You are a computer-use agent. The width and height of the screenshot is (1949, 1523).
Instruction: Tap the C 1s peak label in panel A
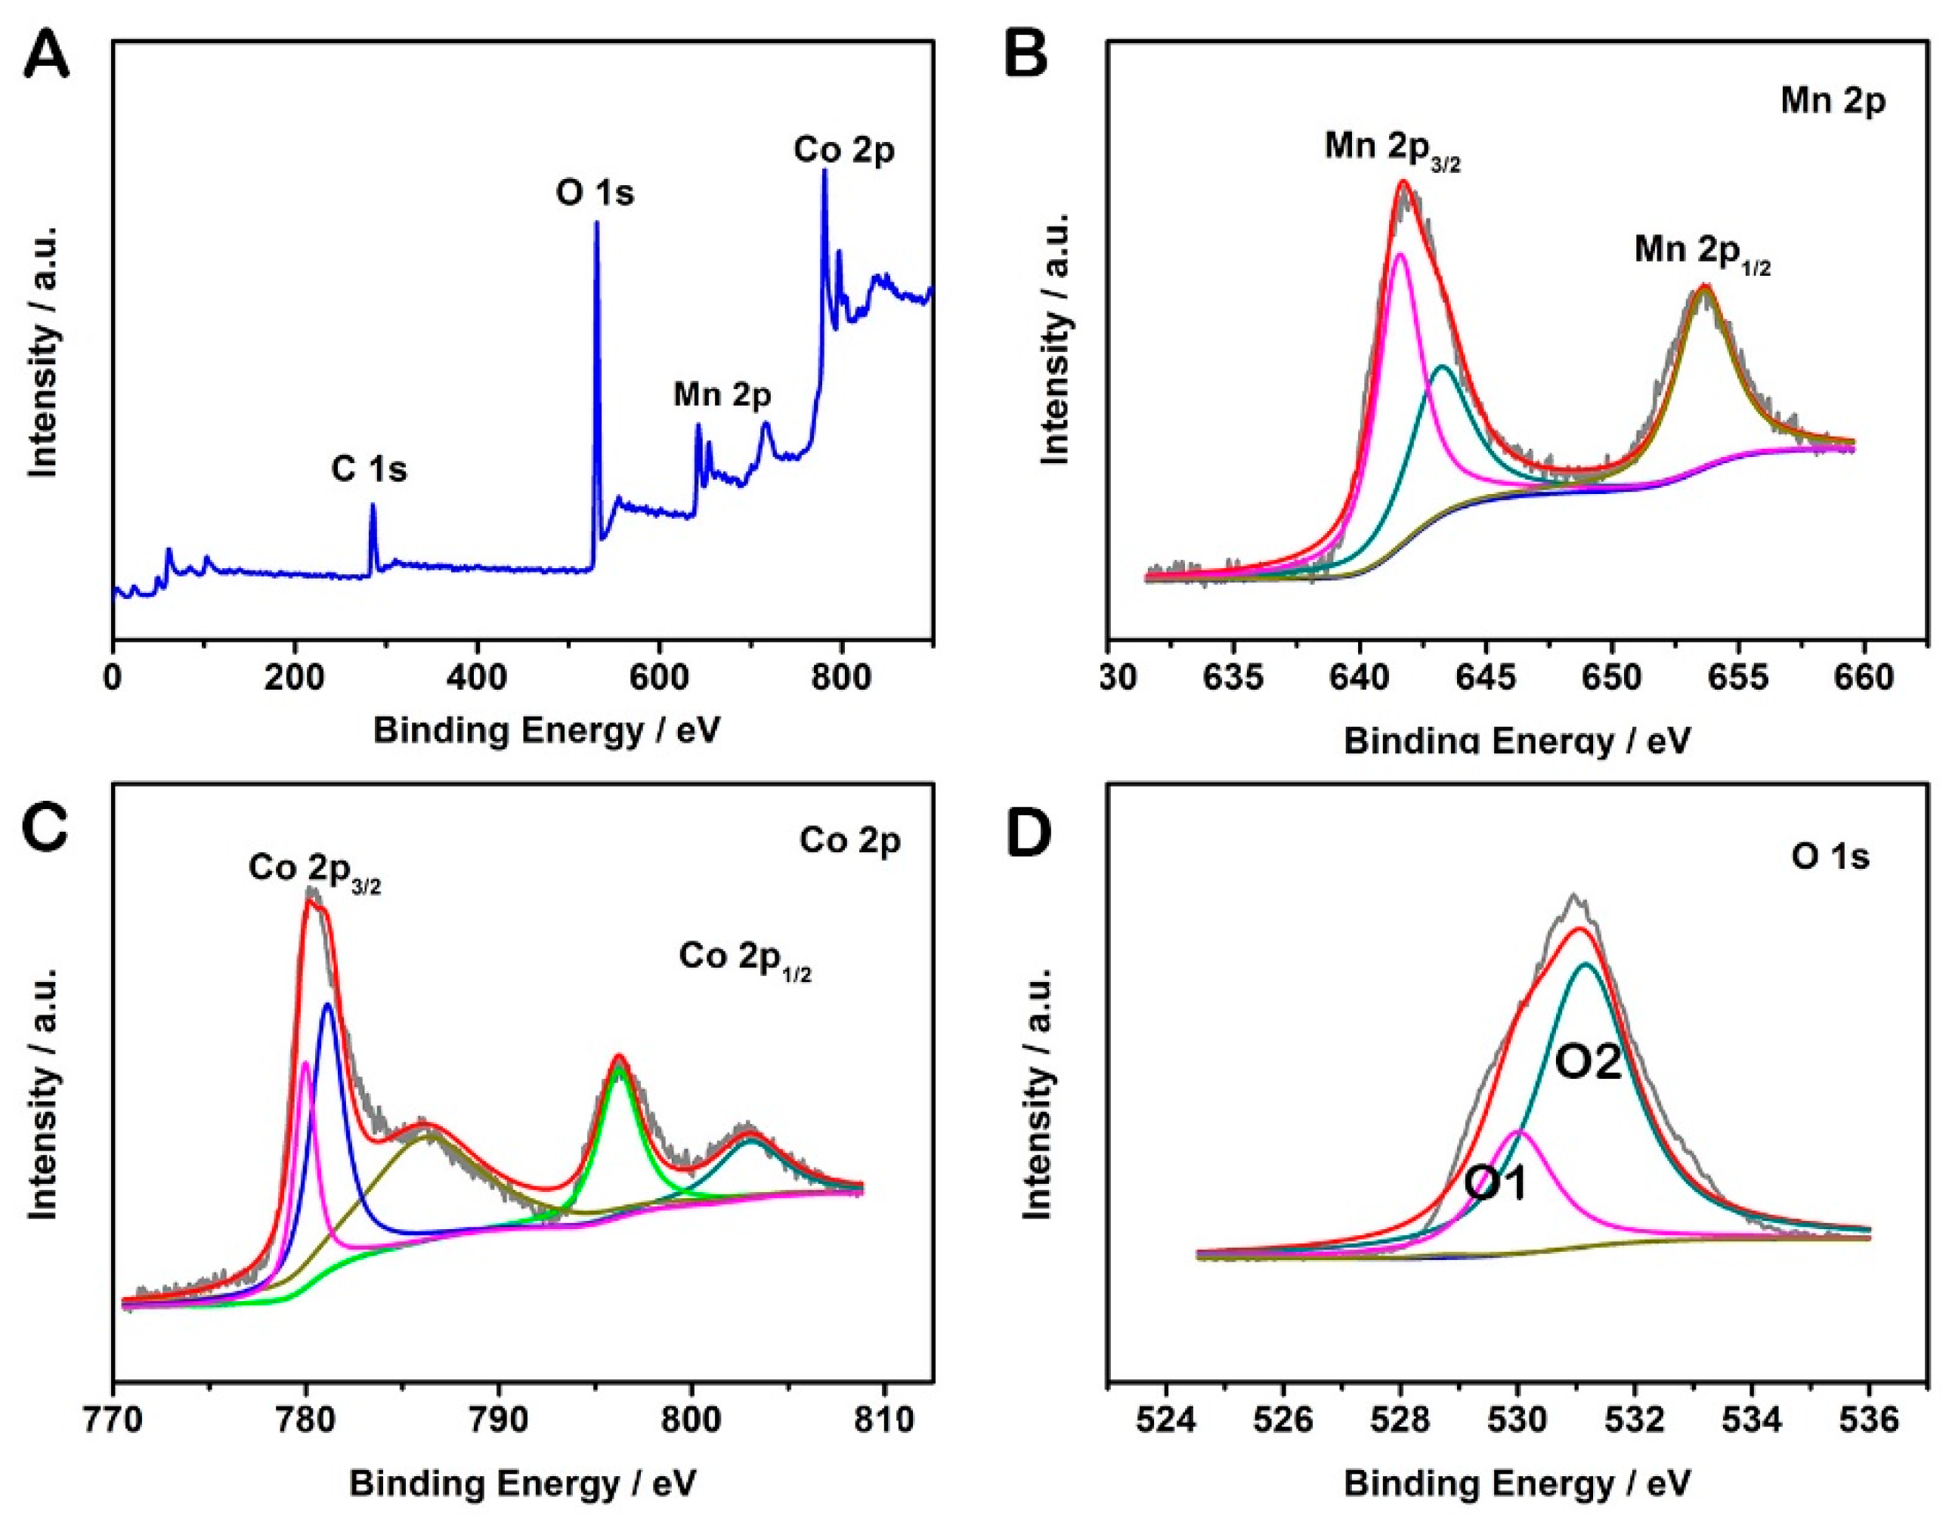point(370,468)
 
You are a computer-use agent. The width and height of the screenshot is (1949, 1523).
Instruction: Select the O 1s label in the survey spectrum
point(596,193)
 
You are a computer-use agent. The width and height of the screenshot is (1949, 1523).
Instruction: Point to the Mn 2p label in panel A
point(722,394)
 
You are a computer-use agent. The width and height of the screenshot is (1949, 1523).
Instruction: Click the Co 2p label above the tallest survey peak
point(844,151)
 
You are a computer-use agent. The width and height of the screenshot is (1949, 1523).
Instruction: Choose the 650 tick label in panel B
point(1612,680)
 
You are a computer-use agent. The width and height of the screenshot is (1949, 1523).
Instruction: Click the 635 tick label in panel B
point(1233,680)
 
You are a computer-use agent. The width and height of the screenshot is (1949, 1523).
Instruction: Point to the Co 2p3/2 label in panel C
point(315,869)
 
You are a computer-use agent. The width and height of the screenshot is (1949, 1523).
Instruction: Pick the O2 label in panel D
point(1589,1064)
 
